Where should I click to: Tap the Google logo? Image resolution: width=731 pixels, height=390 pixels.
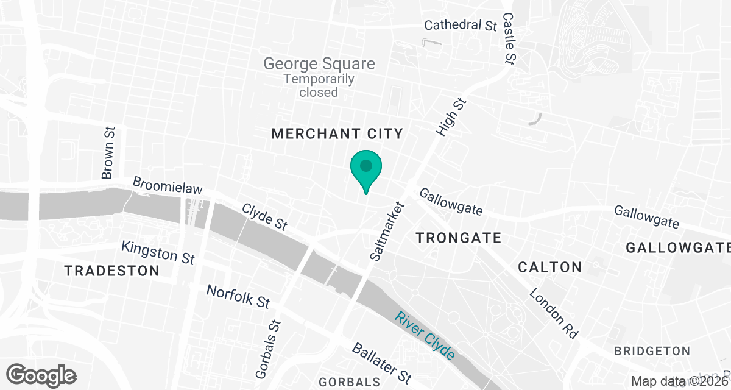coord(42,374)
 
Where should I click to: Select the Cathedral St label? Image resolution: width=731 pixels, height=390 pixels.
coord(461,26)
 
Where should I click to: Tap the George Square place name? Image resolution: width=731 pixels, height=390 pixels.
coord(319,63)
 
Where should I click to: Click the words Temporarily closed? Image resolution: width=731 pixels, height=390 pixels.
coord(319,86)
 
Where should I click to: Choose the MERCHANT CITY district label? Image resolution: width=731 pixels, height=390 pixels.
coord(337,134)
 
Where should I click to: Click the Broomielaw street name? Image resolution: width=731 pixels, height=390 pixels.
coord(167,185)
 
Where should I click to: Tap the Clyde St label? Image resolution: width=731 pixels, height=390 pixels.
coord(264,216)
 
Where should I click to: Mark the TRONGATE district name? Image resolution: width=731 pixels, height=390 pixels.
coord(458,238)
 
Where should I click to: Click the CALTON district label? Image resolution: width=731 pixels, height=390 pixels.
coord(549,267)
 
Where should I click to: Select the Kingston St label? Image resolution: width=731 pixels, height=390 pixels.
coord(158,252)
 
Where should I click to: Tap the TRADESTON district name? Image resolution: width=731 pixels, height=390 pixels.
coord(112,271)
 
